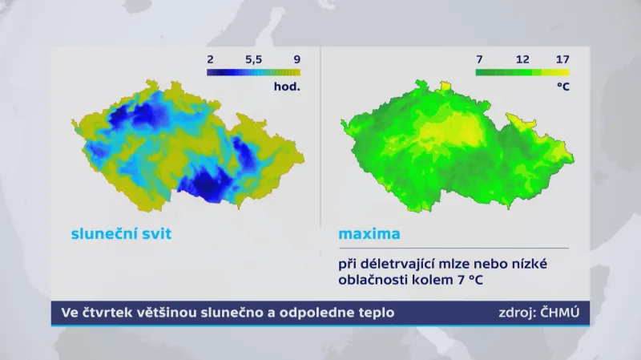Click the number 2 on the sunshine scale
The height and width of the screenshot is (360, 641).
[210, 59]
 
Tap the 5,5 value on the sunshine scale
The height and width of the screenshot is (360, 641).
[252, 59]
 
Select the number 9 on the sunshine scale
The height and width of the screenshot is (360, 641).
[296, 59]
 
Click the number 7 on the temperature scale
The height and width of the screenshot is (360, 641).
[479, 59]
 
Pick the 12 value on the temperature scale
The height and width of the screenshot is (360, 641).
[522, 59]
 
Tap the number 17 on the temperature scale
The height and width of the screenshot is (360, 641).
[562, 59]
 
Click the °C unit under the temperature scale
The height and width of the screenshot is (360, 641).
[562, 86]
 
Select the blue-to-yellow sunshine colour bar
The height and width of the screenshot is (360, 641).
[253, 72]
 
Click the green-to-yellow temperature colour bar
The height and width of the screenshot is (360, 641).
[522, 72]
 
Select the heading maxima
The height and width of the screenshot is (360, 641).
[369, 235]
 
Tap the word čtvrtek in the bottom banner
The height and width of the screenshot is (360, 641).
[111, 313]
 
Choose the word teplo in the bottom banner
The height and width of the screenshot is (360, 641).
[374, 313]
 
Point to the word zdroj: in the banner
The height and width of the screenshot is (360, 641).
[515, 313]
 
